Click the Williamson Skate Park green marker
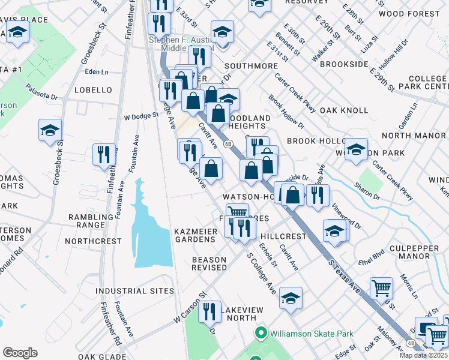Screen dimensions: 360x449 tap(261, 333)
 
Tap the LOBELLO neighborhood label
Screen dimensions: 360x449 tap(93, 90)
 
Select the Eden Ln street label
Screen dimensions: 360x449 tap(97, 71)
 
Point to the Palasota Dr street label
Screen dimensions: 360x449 tap(41, 92)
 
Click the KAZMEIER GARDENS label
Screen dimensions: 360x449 tap(194, 235)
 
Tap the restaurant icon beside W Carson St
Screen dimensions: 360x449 tap(209, 311)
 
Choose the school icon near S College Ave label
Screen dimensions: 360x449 tap(291, 298)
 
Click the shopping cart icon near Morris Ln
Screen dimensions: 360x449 tap(382, 289)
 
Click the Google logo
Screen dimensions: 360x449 tap(20, 353)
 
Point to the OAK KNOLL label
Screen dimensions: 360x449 tap(344, 110)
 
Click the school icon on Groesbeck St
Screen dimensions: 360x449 tap(50, 130)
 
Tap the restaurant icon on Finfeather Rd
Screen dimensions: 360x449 tap(104, 155)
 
